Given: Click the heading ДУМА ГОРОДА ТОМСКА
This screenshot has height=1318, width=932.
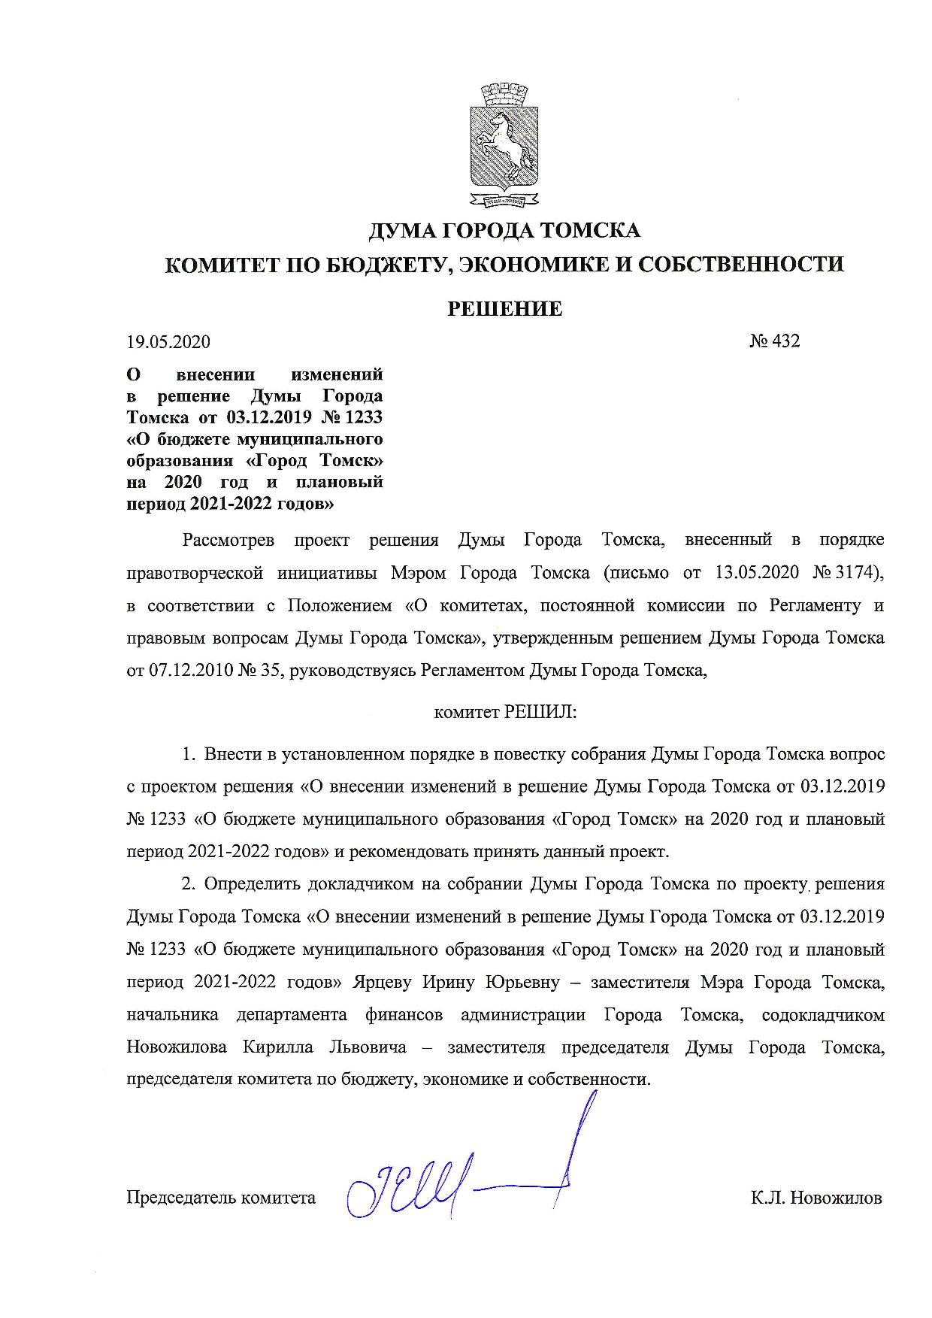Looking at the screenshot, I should pyautogui.click(x=504, y=230).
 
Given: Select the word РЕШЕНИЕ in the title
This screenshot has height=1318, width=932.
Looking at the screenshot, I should pyautogui.click(x=504, y=309).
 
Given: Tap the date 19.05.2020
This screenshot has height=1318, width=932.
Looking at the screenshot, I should pyautogui.click(x=168, y=342).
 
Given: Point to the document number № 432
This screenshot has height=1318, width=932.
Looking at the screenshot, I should pyautogui.click(x=775, y=341).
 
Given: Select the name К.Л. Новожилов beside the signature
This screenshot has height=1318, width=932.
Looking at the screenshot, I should pyautogui.click(x=815, y=1198).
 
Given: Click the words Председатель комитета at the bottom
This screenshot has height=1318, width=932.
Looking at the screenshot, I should pyautogui.click(x=221, y=1198).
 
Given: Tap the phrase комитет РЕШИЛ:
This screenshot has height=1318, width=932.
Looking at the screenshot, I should pyautogui.click(x=505, y=712).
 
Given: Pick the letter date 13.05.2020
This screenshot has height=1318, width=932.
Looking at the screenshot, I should pyautogui.click(x=757, y=573).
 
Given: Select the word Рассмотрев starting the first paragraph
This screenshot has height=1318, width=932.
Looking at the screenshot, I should pyautogui.click(x=228, y=540).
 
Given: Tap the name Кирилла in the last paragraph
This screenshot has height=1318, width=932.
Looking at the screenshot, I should pyautogui.click(x=277, y=1047).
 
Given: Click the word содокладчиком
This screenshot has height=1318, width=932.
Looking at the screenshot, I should pyautogui.click(x=823, y=1015).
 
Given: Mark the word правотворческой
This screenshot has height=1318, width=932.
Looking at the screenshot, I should pyautogui.click(x=195, y=573).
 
